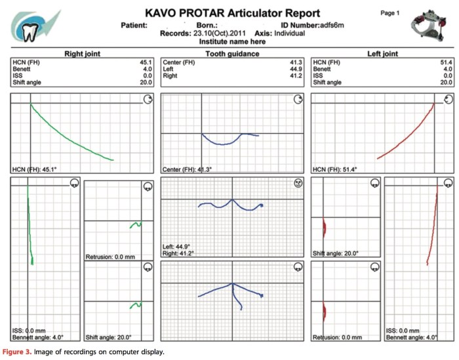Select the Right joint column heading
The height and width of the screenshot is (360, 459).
[x=81, y=54]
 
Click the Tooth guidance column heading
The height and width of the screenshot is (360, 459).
[x=232, y=54]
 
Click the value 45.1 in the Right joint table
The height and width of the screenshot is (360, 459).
[x=146, y=62]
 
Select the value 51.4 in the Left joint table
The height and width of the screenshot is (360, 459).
[x=446, y=62]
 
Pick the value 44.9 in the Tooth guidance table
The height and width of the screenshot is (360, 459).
[x=296, y=69]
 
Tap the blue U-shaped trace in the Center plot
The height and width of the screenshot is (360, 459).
[x=223, y=140]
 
